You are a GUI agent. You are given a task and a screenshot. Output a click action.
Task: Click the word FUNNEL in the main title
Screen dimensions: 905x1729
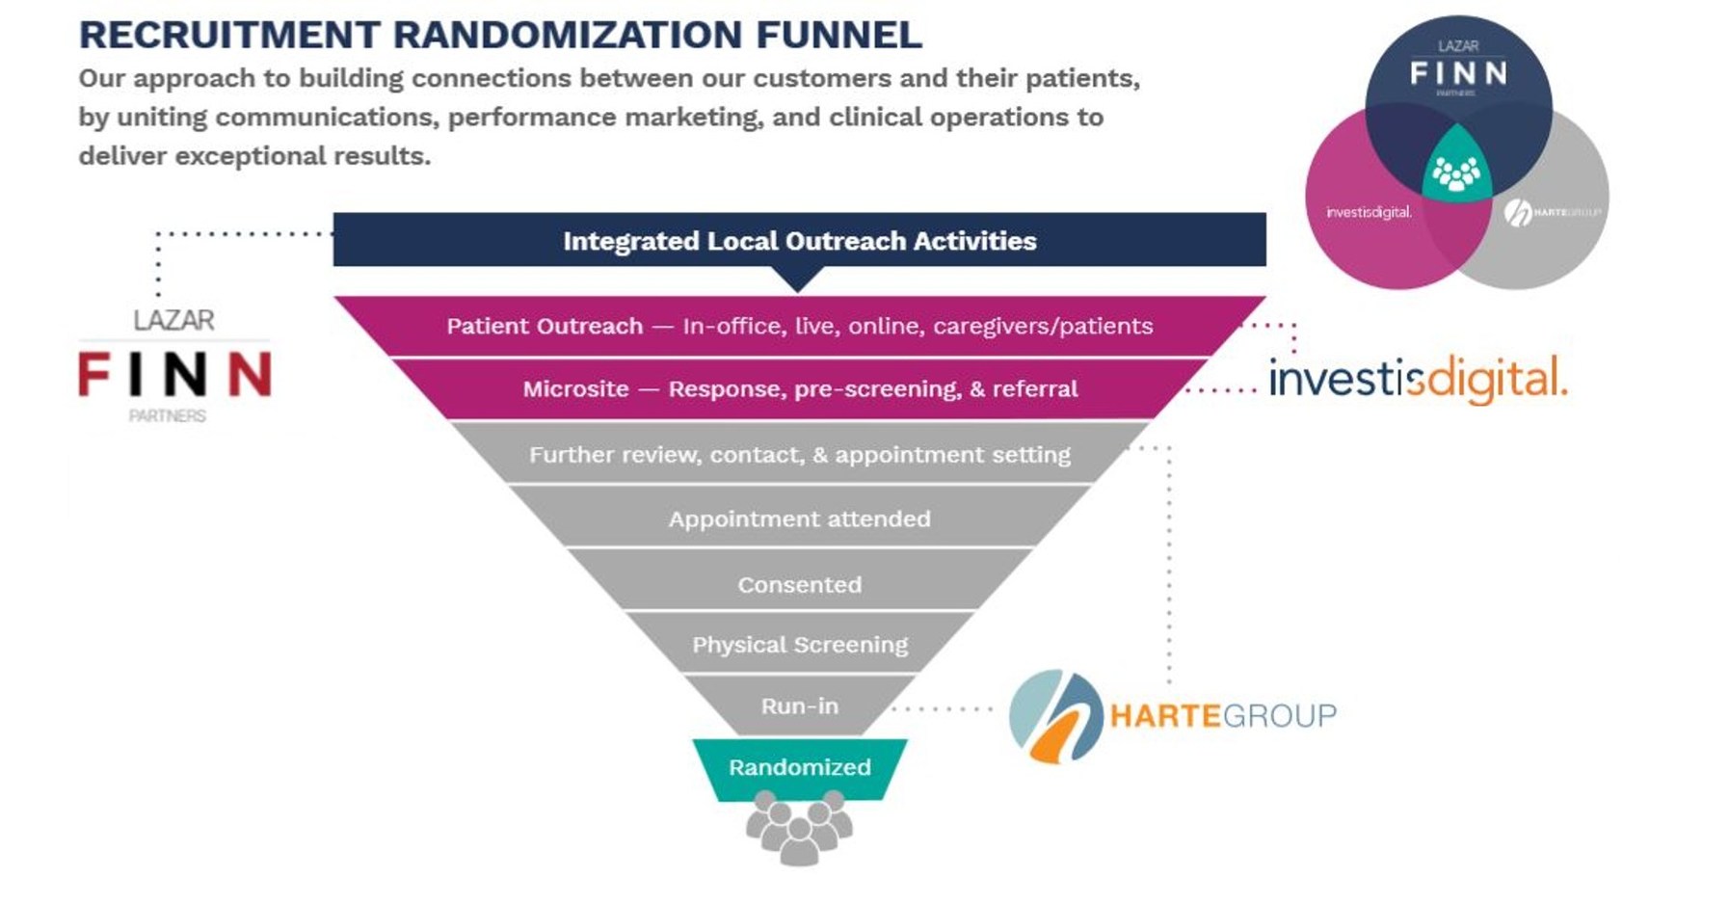(x=838, y=35)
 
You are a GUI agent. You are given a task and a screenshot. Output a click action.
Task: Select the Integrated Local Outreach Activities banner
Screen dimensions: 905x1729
(x=799, y=240)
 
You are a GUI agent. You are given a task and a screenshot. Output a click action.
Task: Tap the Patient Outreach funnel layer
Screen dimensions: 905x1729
(x=799, y=326)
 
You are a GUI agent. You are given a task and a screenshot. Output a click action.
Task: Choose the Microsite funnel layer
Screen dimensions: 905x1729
(x=799, y=388)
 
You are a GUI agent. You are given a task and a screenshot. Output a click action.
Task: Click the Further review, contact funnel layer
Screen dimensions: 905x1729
(x=799, y=454)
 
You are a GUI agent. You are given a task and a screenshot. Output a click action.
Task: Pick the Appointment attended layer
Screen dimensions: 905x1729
(x=799, y=519)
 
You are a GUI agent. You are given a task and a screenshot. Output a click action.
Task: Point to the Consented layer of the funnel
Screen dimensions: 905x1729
(x=799, y=584)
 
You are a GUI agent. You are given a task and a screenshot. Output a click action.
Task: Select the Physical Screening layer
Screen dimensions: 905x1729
(x=799, y=644)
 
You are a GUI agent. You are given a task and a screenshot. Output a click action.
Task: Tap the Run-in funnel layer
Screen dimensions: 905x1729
(x=799, y=705)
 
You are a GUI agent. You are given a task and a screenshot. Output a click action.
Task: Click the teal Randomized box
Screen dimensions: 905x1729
(x=799, y=767)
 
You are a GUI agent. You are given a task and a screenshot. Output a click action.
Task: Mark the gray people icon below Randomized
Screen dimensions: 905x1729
(x=799, y=828)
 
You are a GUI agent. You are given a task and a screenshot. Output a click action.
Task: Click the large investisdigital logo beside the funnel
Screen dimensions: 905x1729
(x=1417, y=379)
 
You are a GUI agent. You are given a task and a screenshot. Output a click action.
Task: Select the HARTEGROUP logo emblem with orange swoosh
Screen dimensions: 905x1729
(x=1055, y=716)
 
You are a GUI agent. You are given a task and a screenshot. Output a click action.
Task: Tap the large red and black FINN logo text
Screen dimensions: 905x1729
(x=174, y=375)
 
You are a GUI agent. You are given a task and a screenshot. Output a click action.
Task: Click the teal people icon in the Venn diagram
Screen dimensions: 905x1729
(x=1456, y=173)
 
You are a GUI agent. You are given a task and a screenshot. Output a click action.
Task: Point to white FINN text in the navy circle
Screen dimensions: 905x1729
(x=1458, y=73)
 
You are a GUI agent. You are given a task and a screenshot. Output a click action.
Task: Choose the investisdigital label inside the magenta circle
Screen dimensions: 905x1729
(x=1369, y=212)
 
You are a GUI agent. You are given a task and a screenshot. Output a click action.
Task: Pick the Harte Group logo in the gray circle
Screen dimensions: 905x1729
(x=1552, y=212)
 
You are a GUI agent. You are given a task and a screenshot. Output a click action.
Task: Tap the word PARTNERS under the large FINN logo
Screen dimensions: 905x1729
(x=168, y=416)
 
